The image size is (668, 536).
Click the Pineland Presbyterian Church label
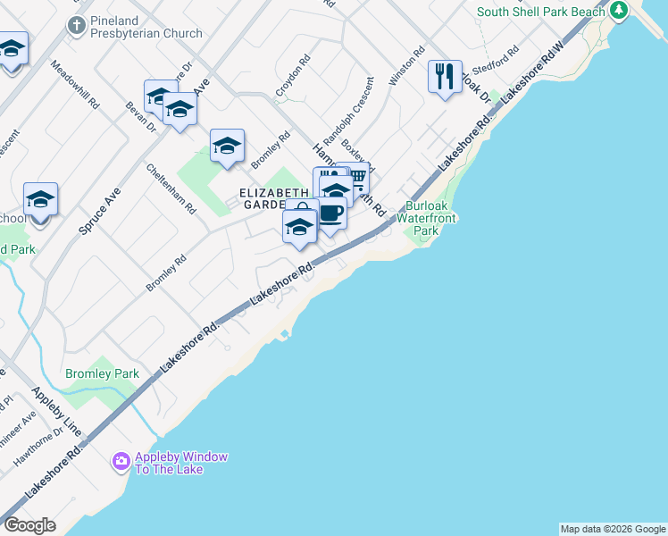(146, 34)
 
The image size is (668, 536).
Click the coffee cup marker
(330, 214)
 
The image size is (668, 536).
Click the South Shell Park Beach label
(541, 12)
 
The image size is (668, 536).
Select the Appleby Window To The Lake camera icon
(121, 462)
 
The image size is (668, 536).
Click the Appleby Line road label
(57, 411)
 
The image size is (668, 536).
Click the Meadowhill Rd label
(75, 85)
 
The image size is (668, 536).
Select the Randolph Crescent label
(347, 114)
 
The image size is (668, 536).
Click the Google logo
(29, 525)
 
